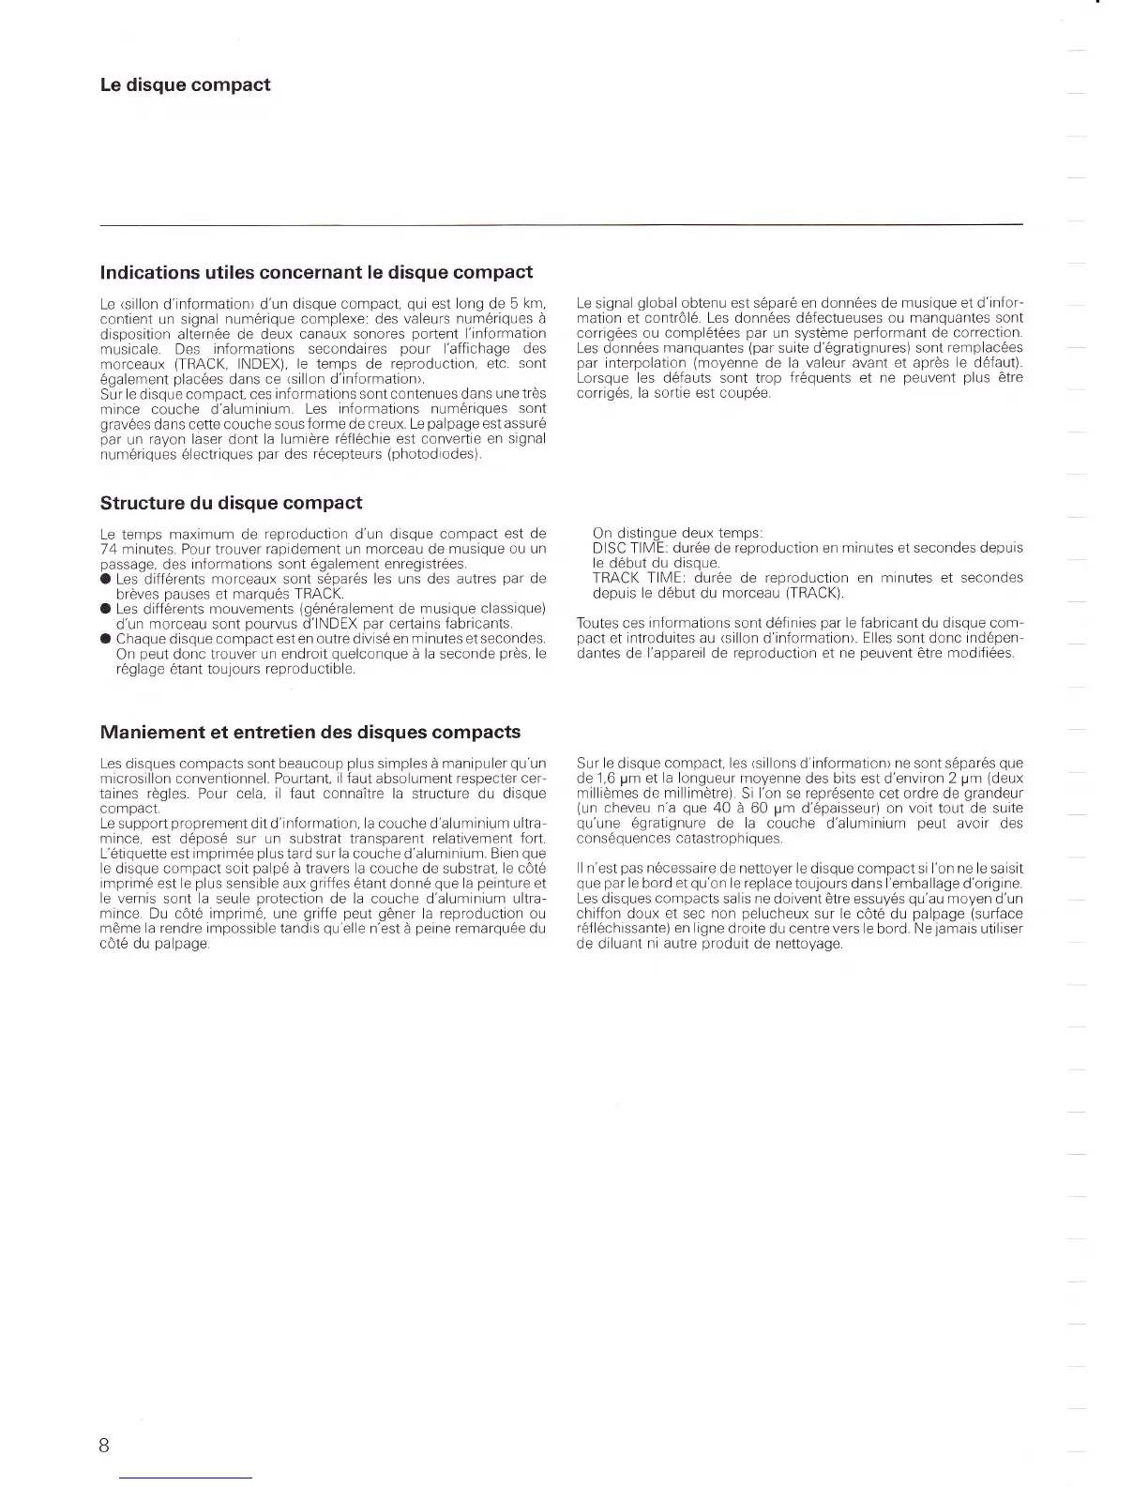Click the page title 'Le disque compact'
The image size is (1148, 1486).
[x=185, y=85]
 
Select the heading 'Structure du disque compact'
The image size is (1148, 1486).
[x=231, y=503]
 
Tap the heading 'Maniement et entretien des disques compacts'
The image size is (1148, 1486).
[x=310, y=732]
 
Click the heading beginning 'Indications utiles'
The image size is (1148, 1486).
[x=316, y=273]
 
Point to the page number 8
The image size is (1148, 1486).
[x=103, y=1446]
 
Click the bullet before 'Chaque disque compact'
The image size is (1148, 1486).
[x=106, y=639]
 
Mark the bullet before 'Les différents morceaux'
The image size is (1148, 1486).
[x=106, y=579]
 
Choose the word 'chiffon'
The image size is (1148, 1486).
[x=600, y=914]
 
